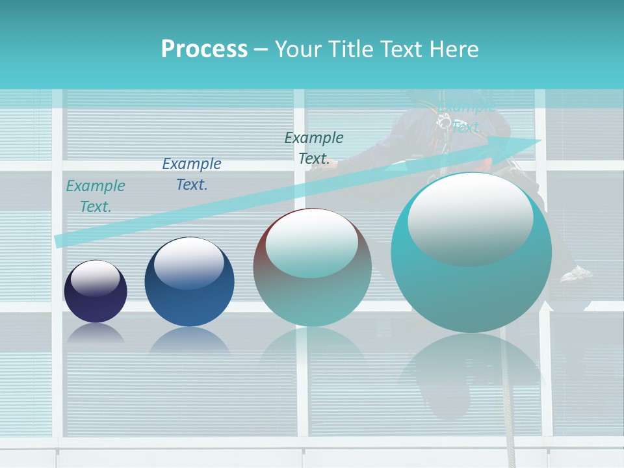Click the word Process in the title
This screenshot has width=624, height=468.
click(204, 49)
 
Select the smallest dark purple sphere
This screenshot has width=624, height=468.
click(96, 292)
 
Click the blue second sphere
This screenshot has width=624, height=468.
click(189, 282)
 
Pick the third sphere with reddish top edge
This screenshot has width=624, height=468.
click(313, 268)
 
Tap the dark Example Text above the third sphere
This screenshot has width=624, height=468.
click(314, 148)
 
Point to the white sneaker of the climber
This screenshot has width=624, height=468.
click(577, 274)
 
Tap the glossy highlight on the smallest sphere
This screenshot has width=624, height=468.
click(95, 279)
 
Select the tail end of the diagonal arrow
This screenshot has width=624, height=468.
click(58, 241)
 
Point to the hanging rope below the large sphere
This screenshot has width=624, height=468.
click(510, 416)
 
